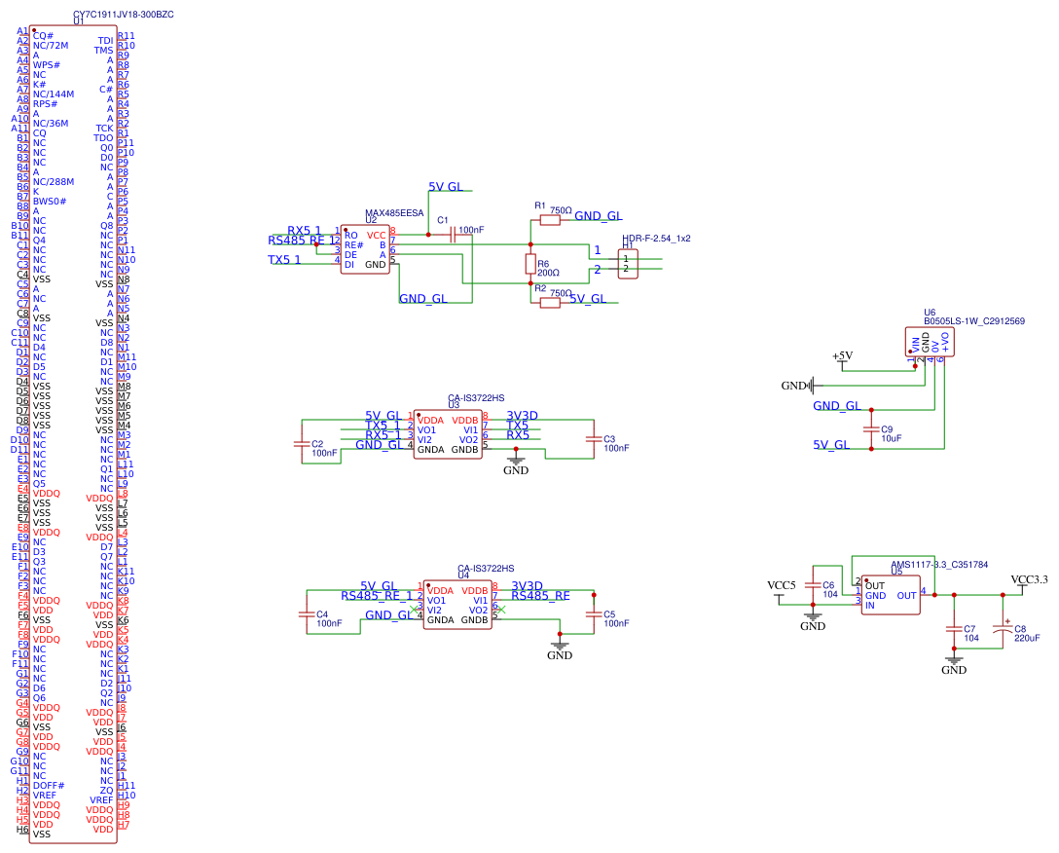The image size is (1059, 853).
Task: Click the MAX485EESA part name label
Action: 394,212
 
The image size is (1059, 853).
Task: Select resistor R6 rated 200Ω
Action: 530,263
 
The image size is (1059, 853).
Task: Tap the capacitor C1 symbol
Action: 454,234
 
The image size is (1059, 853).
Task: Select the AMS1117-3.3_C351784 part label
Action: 939,564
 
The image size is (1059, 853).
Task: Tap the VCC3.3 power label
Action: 1029,579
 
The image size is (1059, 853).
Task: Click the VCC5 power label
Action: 781,584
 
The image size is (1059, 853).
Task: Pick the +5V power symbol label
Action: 842,356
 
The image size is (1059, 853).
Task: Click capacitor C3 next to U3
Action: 593,440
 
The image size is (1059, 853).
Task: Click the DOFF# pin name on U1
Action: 49,785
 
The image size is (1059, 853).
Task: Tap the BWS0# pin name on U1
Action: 50,201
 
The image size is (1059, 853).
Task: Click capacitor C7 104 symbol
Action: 954,630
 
